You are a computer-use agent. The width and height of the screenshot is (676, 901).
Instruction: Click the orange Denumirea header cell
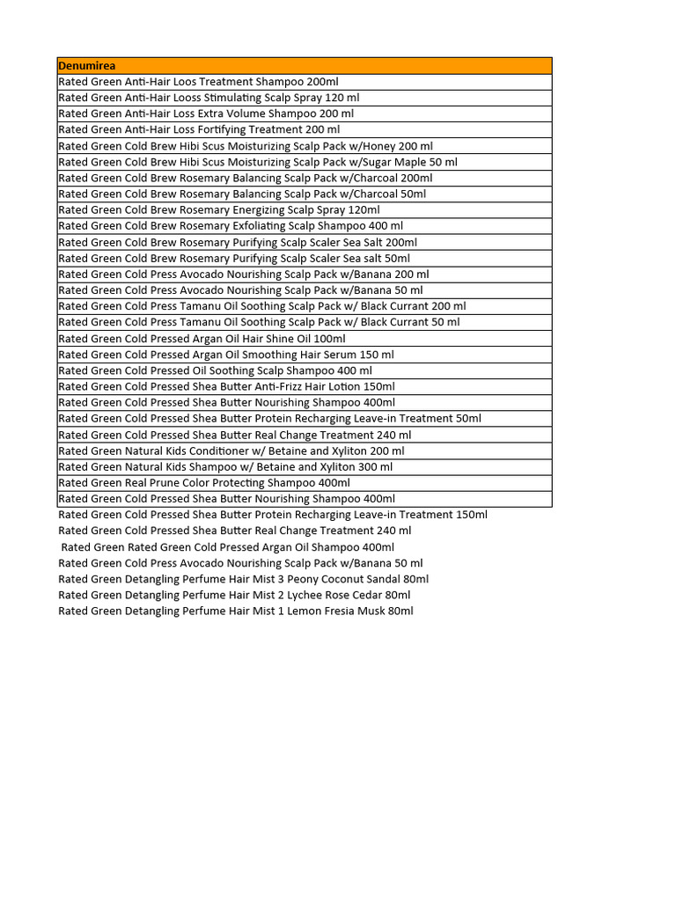click(304, 66)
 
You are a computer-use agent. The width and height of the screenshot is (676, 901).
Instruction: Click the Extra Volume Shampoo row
click(206, 114)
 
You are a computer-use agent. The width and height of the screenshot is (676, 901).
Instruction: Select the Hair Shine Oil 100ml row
click(202, 339)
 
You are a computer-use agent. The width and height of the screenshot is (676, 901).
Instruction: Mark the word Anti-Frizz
click(282, 386)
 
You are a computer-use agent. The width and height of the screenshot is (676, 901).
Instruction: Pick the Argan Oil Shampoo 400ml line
click(227, 547)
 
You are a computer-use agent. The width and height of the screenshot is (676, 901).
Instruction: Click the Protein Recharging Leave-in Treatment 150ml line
click(273, 515)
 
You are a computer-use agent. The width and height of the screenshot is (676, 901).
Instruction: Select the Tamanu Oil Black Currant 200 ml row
click(262, 306)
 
